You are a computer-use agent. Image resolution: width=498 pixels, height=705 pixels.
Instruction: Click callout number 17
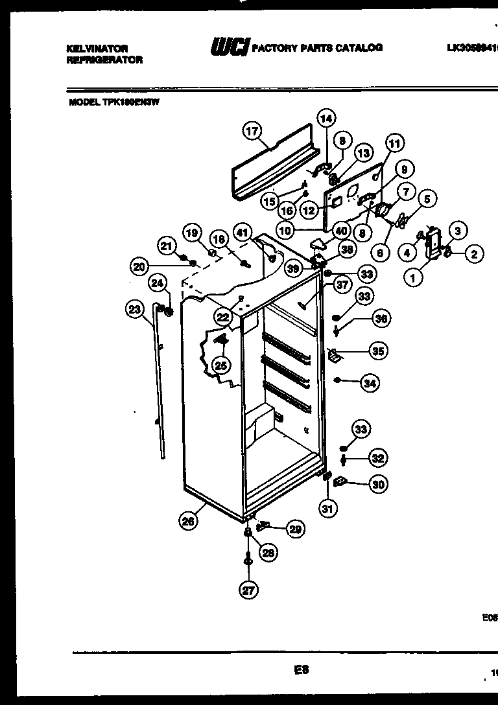252,130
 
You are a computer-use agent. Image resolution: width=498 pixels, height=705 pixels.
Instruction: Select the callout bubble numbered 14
326,118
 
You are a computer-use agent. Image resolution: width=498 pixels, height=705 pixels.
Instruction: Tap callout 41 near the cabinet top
242,231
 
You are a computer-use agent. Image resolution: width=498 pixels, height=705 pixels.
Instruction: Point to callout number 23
134,310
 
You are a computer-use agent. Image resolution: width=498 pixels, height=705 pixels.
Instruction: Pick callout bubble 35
377,351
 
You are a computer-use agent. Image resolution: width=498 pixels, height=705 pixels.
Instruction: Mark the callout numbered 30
377,483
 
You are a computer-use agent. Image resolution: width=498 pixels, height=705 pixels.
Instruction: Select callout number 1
412,277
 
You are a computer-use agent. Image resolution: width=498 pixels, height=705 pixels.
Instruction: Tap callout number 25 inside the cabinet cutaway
220,366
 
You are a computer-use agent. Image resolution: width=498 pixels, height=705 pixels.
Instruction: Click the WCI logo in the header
229,48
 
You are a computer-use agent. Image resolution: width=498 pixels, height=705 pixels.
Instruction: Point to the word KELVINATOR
97,49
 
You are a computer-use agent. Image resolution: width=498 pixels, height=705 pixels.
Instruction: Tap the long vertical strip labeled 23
160,382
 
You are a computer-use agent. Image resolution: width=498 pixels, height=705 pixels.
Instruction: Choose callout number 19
192,233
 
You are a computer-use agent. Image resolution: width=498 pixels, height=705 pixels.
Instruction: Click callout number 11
394,143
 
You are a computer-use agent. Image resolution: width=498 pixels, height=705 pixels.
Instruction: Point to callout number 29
295,529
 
